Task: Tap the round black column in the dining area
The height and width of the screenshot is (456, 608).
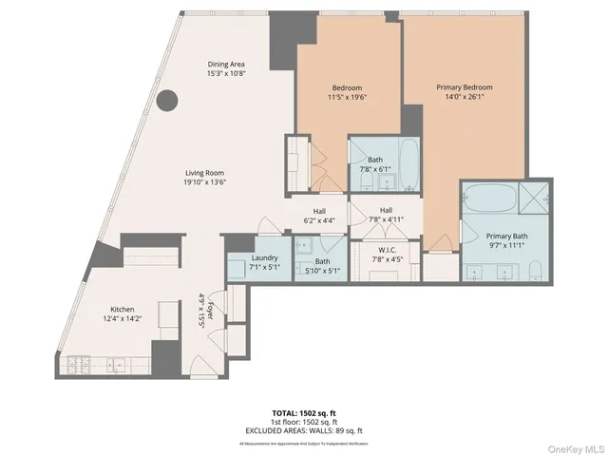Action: (x=167, y=99)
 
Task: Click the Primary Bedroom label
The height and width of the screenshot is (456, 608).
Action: (x=465, y=87)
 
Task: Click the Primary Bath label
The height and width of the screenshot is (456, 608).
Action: (x=506, y=237)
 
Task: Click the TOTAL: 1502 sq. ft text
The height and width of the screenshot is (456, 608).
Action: (x=303, y=413)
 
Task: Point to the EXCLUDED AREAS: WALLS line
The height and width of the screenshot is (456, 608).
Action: (x=303, y=430)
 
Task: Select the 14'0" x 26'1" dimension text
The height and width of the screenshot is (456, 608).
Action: (x=465, y=98)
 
